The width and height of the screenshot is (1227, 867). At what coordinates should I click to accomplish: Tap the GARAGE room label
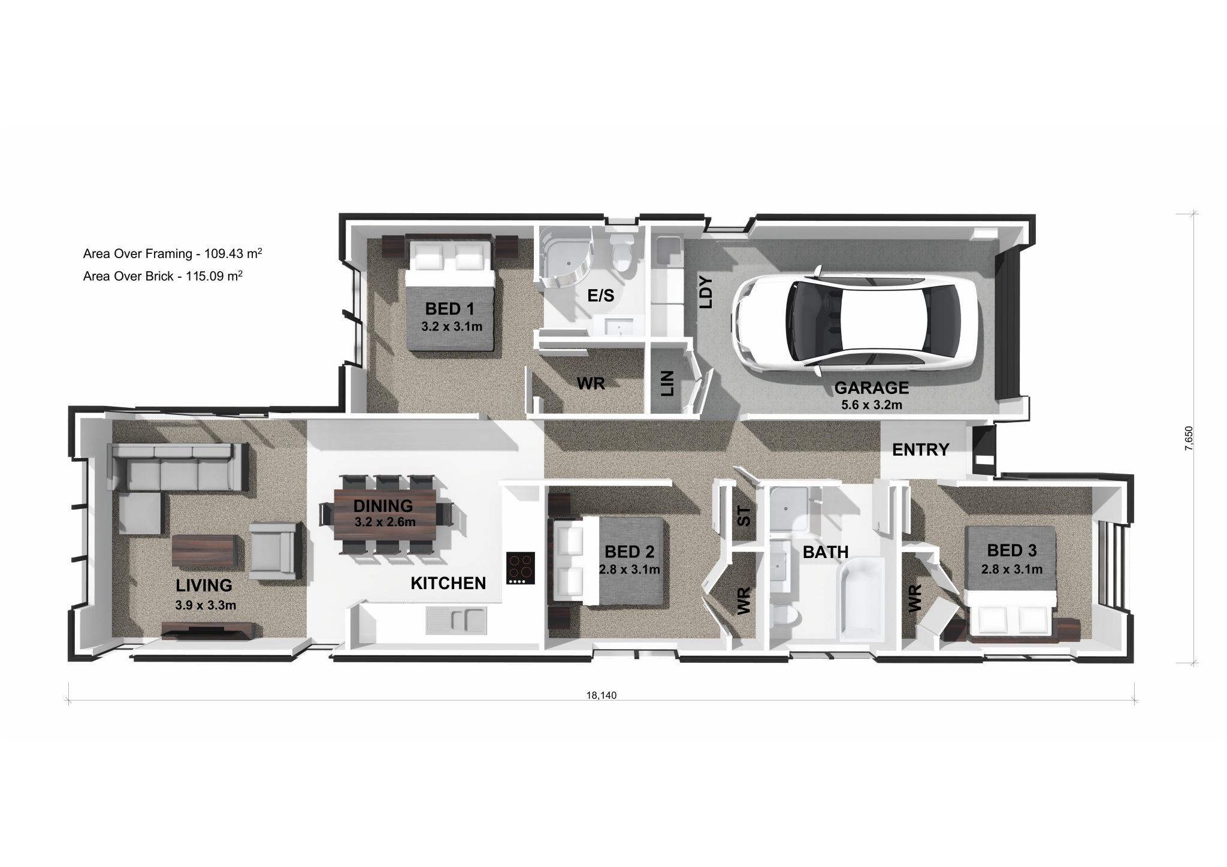click(x=872, y=388)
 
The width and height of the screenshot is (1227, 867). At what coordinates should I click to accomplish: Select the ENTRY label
click(x=921, y=449)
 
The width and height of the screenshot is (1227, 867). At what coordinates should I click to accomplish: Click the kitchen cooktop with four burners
click(x=521, y=568)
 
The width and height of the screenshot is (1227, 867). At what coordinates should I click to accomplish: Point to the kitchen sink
click(x=456, y=620)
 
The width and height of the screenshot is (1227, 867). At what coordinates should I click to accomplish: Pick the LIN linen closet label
click(x=667, y=383)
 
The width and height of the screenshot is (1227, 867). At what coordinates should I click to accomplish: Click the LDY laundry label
click(x=707, y=292)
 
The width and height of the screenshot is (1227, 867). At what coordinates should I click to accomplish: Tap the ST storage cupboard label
click(x=744, y=516)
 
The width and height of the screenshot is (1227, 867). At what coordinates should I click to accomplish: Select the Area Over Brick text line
click(x=163, y=276)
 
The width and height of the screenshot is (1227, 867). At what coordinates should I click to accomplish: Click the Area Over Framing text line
click(x=173, y=253)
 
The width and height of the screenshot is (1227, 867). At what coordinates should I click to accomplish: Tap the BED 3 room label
click(x=1012, y=550)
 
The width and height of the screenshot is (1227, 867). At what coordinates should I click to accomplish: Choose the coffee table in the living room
click(x=204, y=550)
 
